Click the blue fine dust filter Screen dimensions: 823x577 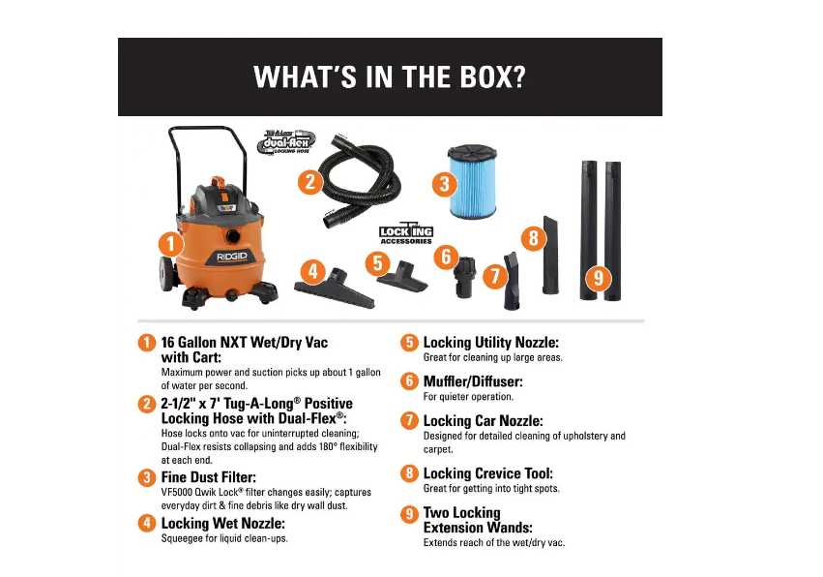click(472, 181)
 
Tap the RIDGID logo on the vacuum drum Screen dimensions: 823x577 click(232, 257)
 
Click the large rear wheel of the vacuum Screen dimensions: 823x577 click(167, 274)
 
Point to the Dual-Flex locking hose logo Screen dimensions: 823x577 click(286, 141)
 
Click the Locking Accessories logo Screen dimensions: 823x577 click(406, 234)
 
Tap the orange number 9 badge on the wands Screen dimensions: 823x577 click(599, 278)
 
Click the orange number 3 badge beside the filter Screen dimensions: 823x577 click(444, 184)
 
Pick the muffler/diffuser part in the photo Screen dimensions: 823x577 click(464, 277)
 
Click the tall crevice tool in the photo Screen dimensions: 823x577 click(550, 255)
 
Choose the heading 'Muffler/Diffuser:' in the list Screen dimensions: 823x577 click(473, 381)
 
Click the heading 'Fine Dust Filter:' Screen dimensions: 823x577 click(208, 477)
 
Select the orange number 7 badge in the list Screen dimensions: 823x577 click(409, 420)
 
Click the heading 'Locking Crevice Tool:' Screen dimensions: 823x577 click(488, 473)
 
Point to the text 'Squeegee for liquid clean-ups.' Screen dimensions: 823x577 click(224, 538)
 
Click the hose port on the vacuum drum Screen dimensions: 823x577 click(232, 236)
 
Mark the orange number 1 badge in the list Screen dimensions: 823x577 click(147, 343)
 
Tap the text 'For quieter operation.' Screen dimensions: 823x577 click(468, 397)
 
